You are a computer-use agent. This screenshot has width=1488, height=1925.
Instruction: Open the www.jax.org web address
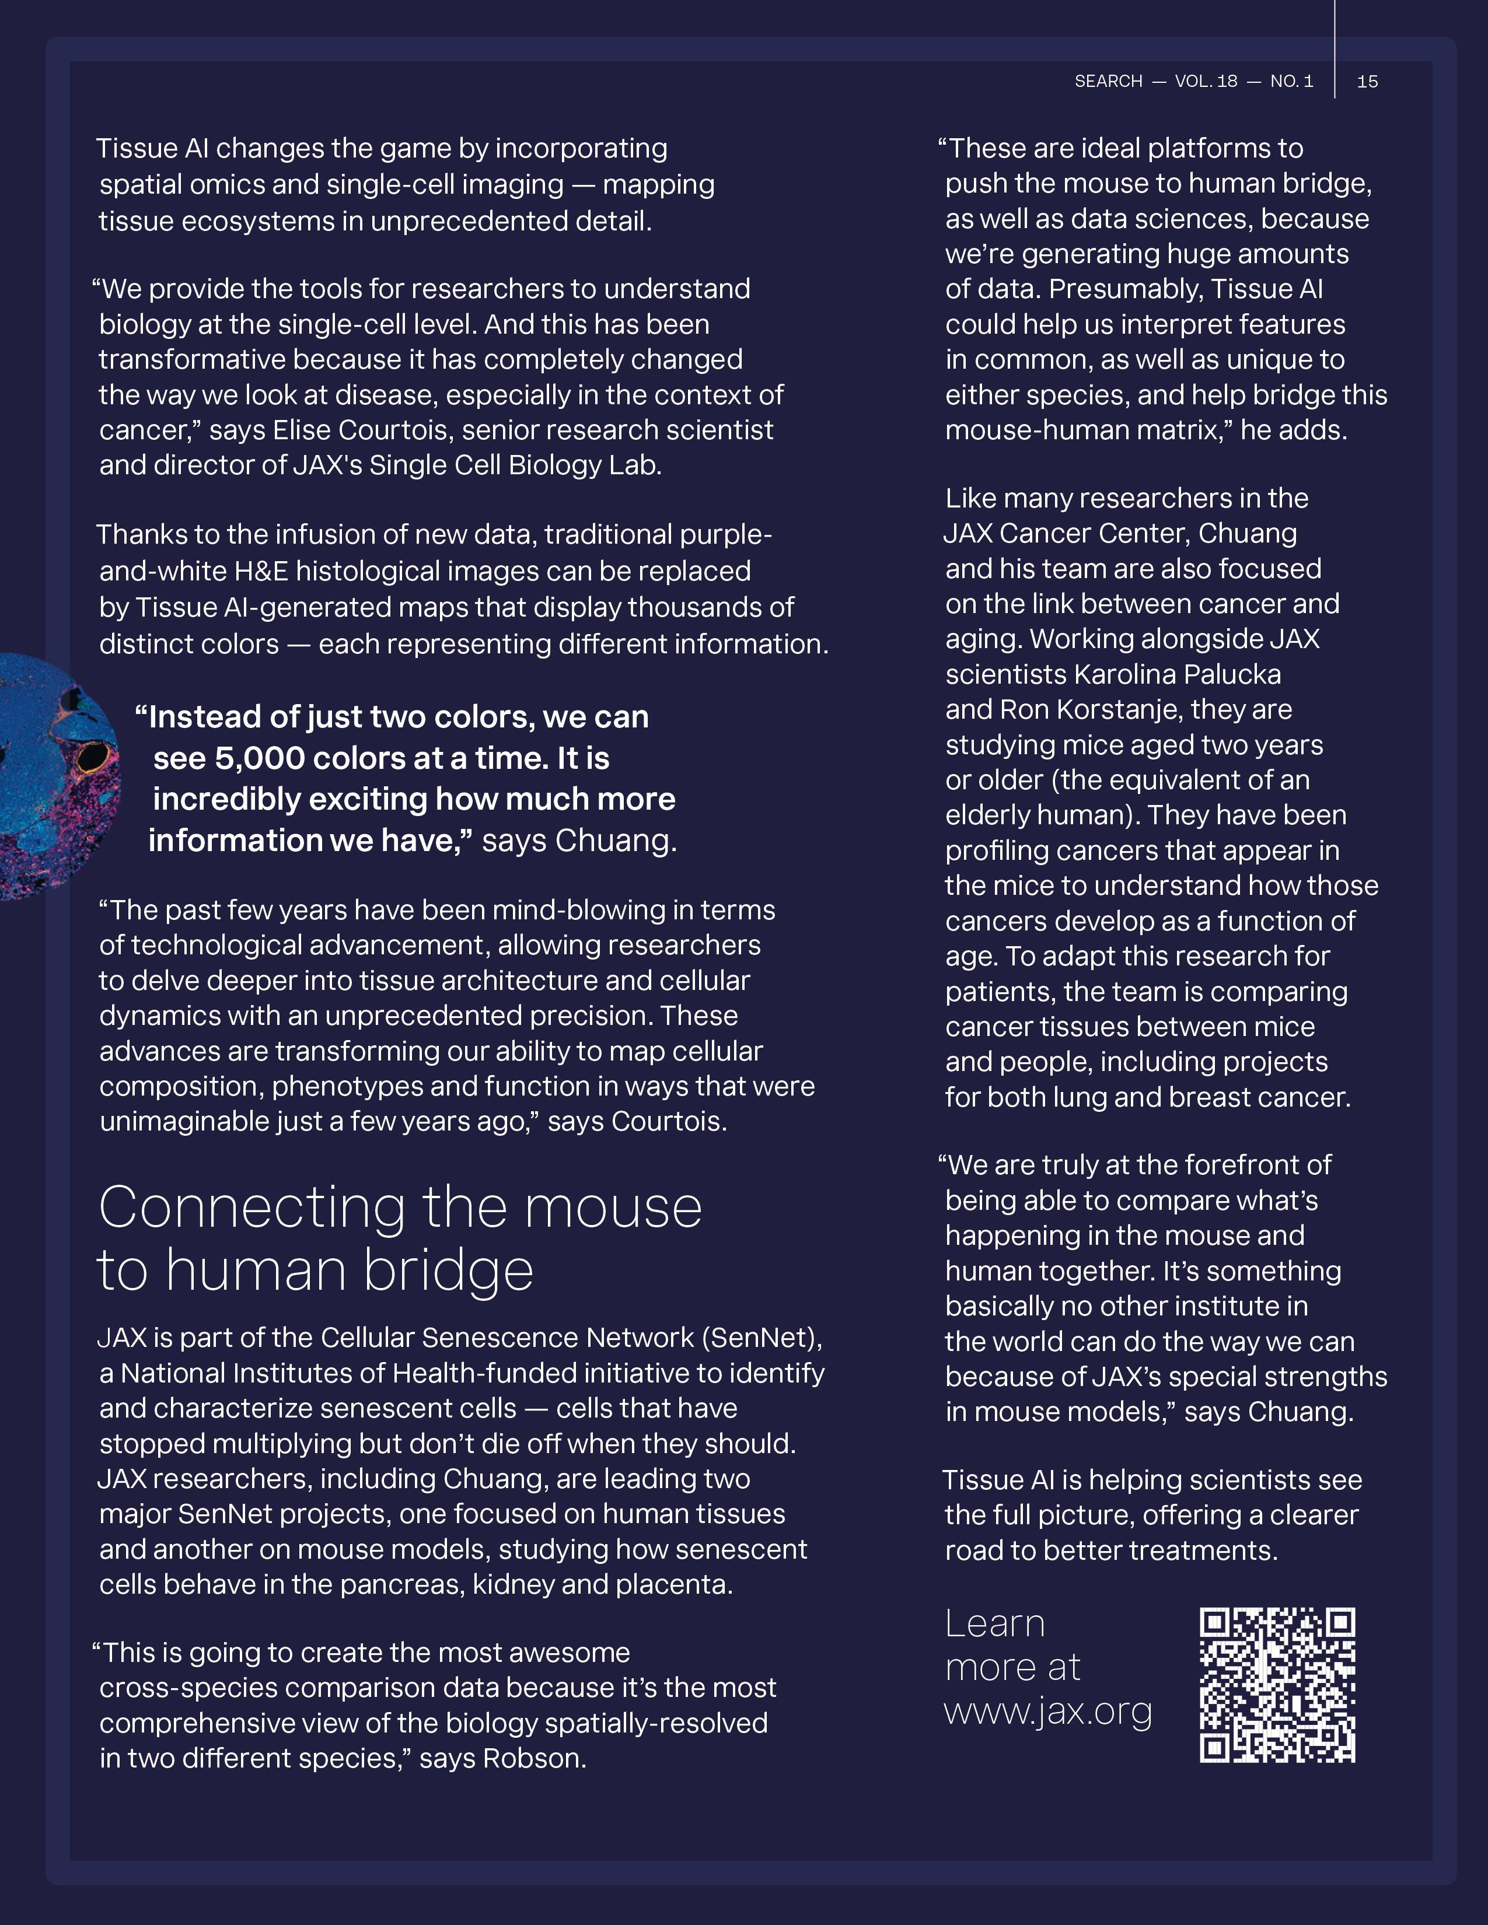[1048, 1711]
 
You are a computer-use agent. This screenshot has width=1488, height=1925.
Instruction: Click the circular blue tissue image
[53, 776]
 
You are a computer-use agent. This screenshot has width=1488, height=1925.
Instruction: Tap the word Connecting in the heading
[252, 1207]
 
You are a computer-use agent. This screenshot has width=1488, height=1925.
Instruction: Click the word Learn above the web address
[994, 1623]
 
